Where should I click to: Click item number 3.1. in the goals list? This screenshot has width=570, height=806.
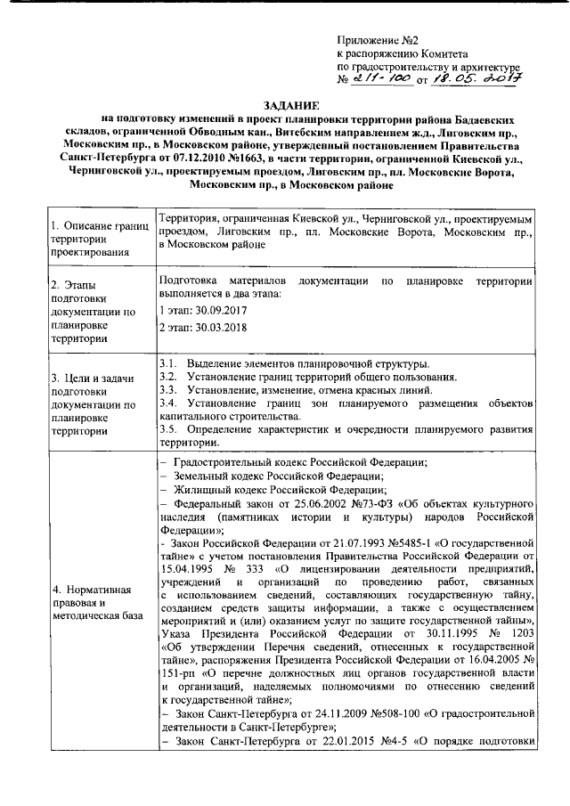167,366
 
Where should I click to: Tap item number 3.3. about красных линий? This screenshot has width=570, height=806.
167,391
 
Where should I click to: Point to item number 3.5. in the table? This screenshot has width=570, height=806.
167,430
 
